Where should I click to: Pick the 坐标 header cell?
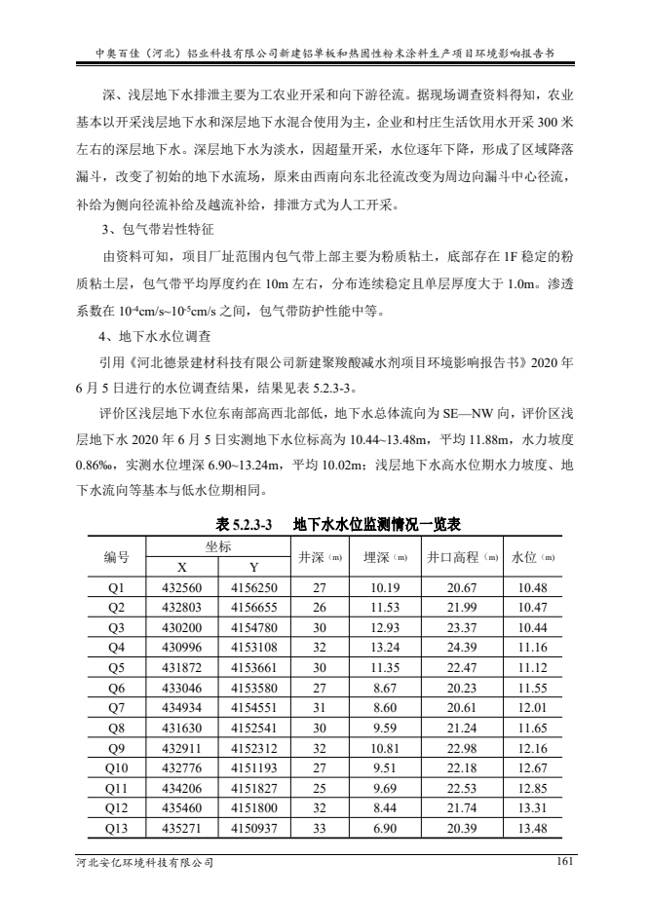[x=217, y=547]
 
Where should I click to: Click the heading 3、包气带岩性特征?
[x=154, y=231]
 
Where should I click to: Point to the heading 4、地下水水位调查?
[x=154, y=339]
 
